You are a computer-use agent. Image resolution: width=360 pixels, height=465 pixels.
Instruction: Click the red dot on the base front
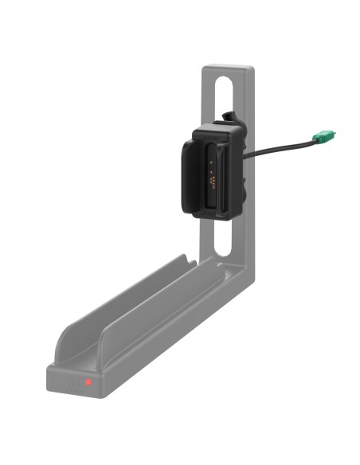(x=89, y=383)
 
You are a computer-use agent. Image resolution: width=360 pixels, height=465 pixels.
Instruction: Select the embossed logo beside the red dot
(x=76, y=382)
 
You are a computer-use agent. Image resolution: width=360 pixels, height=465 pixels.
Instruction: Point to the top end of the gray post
(x=228, y=70)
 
